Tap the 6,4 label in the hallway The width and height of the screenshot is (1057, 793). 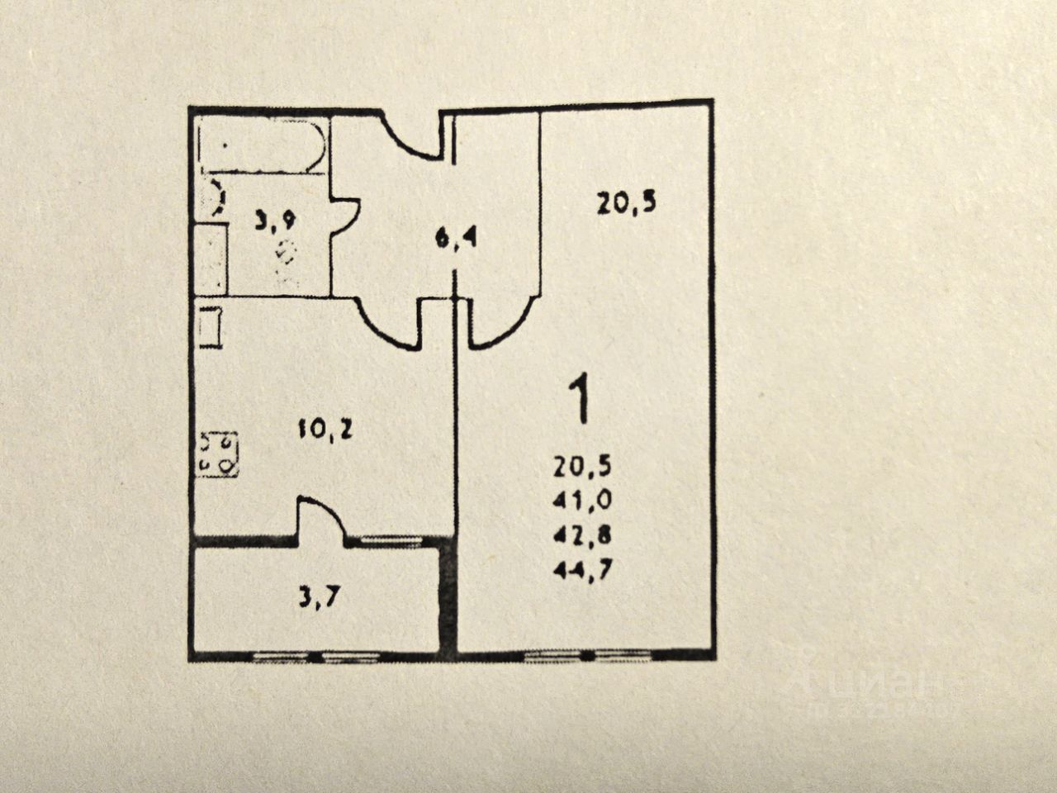point(457,240)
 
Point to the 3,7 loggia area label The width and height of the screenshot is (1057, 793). point(318,596)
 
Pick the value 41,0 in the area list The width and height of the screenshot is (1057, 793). point(582,501)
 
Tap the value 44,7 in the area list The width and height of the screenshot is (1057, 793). point(582,570)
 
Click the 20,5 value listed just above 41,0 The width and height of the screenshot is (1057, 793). point(582,467)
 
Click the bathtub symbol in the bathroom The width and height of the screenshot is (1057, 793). point(261,146)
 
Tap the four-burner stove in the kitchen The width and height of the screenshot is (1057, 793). point(217,454)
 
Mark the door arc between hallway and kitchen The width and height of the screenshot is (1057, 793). point(391,322)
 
